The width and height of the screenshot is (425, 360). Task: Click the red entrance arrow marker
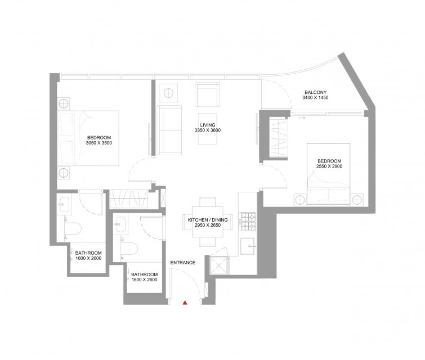[x=185, y=303]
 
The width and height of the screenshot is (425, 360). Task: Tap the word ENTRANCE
[x=183, y=263]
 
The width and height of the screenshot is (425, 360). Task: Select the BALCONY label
[x=315, y=92]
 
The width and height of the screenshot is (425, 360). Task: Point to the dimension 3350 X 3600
[x=208, y=130]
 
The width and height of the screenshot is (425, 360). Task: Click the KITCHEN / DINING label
[x=208, y=220]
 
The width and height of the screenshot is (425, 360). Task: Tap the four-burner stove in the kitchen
[x=248, y=221]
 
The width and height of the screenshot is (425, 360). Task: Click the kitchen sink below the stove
[x=247, y=246]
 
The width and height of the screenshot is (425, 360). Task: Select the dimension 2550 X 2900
[x=329, y=166]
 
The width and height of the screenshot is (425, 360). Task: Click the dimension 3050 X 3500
[x=99, y=143]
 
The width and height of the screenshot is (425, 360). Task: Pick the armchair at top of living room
[x=207, y=95]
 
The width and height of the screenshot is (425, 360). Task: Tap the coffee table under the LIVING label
[x=207, y=129]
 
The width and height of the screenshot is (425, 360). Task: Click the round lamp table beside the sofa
[x=168, y=93]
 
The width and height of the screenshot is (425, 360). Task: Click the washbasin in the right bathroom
[x=120, y=224]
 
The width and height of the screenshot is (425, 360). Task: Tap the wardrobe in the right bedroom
[x=279, y=138]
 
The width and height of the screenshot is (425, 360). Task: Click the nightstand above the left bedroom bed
[x=64, y=103]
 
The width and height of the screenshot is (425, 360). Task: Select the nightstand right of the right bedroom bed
[x=357, y=200]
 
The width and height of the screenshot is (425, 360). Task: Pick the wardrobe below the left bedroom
[x=129, y=199]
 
